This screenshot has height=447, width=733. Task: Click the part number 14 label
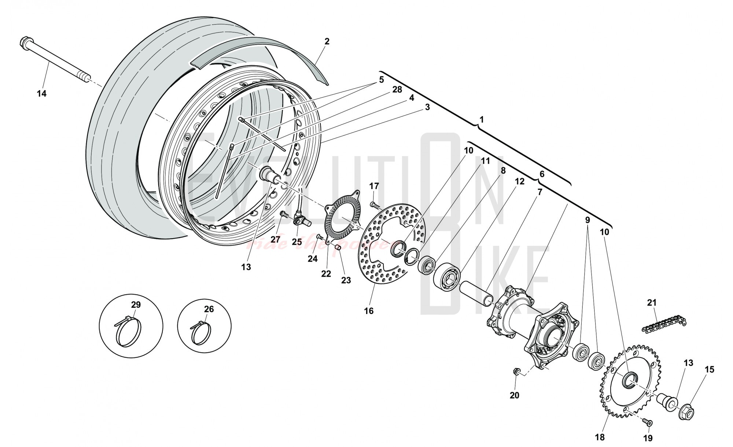click(41, 94)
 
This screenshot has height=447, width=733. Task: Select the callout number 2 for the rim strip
click(327, 41)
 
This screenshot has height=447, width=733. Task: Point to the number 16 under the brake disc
click(369, 311)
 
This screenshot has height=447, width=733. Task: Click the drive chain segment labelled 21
click(663, 324)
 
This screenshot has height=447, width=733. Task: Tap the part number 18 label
click(600, 437)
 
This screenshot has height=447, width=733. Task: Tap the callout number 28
click(397, 90)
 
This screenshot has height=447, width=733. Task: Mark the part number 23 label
click(346, 280)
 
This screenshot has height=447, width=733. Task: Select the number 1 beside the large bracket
click(482, 120)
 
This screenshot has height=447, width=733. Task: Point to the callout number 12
click(519, 181)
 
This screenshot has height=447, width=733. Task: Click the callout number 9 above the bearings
click(587, 220)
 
